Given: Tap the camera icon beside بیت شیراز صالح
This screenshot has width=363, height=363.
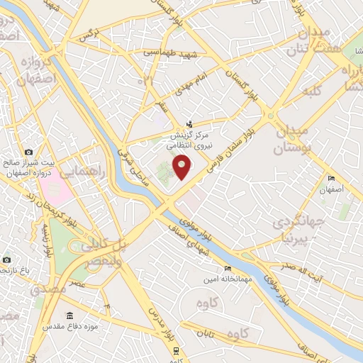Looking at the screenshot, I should click(x=28, y=152).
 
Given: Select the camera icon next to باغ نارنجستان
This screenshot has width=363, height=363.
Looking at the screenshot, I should click(x=6, y=259).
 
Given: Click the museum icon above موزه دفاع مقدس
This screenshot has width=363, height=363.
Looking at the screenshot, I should click(x=69, y=315).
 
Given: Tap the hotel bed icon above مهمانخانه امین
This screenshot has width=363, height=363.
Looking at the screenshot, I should click(x=227, y=268).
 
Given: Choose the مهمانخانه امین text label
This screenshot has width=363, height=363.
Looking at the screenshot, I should click(x=227, y=279).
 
